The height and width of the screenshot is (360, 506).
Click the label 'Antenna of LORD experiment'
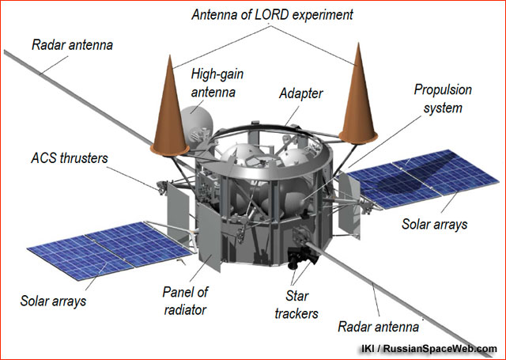[272, 15]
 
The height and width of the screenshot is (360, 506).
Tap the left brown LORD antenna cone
[169, 112]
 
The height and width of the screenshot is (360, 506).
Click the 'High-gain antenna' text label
[217, 83]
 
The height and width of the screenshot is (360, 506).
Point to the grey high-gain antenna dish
[196, 127]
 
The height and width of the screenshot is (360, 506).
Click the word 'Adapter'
[300, 93]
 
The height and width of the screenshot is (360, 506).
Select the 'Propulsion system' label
[443, 99]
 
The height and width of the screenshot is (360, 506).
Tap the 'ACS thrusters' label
[70, 158]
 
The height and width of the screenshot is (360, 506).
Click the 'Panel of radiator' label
[185, 301]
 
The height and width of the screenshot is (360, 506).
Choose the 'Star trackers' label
[296, 305]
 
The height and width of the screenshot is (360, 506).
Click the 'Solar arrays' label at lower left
[53, 301]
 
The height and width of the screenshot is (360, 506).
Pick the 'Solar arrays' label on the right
[434, 224]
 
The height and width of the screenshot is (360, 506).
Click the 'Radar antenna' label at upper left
[72, 45]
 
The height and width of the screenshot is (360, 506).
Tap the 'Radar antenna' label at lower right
[378, 327]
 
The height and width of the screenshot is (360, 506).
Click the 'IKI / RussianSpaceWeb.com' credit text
[429, 349]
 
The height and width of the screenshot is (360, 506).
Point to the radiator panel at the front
[209, 237]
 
